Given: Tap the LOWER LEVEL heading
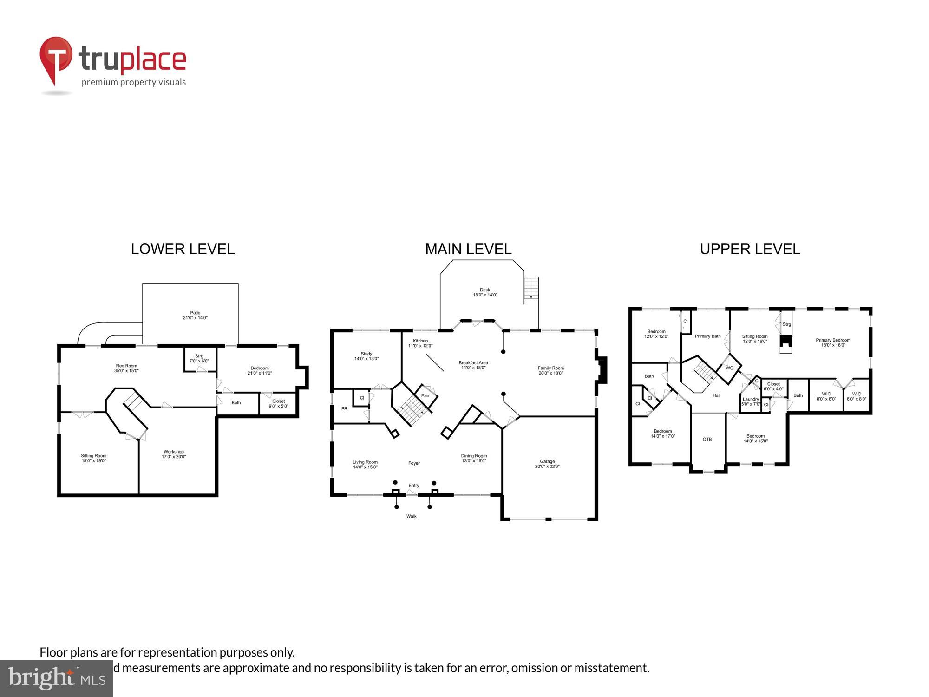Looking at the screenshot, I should coord(183,249).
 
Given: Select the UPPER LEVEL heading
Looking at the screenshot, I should coord(750,249).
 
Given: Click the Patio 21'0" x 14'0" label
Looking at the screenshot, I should coord(195,316).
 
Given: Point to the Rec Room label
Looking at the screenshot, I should coord(126,368).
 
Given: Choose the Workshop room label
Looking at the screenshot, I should coord(174,454).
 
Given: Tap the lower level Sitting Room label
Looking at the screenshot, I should coord(93,458).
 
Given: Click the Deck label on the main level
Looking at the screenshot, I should coord(485,292).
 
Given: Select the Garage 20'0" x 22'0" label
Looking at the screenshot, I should coord(547,464).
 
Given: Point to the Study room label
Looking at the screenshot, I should coord(366,356).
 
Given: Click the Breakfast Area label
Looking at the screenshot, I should coord(473,365).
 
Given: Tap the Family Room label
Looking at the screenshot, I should coord(551,370).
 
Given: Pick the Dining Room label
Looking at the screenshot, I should coord(474,458).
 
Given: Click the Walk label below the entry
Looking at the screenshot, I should coord(412,516).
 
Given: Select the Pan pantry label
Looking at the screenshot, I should coord(425,395).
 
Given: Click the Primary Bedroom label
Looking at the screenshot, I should coord(833,342).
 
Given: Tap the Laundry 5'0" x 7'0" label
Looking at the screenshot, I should coord(751,401).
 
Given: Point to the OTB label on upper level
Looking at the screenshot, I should coord(707,439).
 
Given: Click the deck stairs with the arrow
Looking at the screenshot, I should coord(531,289).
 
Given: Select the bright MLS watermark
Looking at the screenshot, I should coord(57,678).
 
